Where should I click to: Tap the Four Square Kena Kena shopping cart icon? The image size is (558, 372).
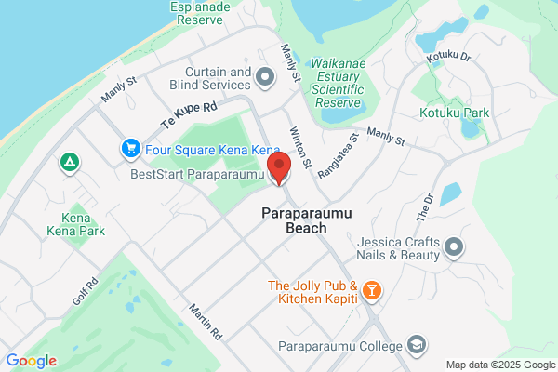point(129,147)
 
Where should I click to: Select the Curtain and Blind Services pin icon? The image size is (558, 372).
point(264,77)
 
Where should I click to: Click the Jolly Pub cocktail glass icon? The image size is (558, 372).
point(371,291)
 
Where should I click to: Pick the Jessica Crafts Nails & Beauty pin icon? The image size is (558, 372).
point(454,246)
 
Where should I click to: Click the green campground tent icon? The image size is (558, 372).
point(68,164)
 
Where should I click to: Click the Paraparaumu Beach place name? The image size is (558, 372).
point(293,219)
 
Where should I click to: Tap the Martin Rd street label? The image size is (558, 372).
point(205,321)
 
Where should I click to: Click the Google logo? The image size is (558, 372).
point(31,361)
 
